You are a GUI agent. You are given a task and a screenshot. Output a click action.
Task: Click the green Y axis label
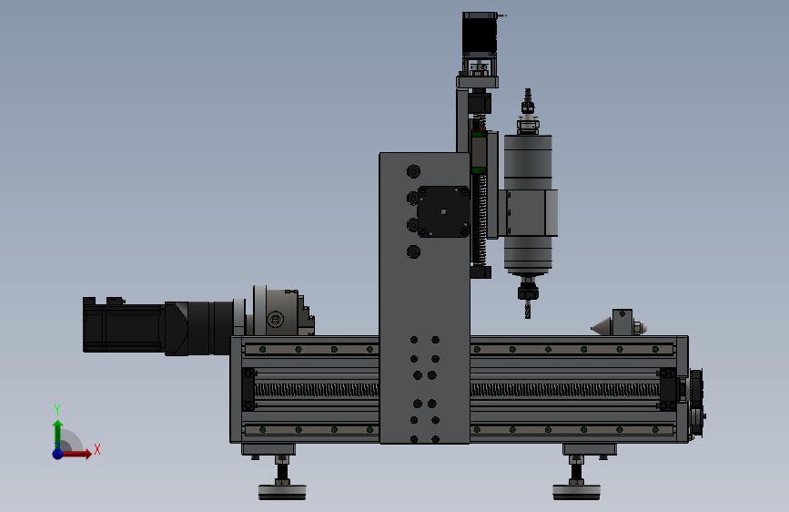click(57, 409)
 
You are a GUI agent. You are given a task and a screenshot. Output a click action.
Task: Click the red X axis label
click(97, 449)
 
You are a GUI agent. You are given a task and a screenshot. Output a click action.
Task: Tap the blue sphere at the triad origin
click(58, 454)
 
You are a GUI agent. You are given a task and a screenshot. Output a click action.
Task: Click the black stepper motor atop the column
click(480, 35)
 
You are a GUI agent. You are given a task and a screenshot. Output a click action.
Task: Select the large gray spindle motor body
click(528, 204)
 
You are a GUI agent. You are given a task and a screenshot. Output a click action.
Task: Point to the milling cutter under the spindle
click(527, 309)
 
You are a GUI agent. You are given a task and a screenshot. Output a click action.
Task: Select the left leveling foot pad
click(282, 492)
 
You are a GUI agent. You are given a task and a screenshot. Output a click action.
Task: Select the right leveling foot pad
click(576, 492)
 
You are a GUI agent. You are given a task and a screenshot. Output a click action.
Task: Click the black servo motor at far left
click(124, 324)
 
